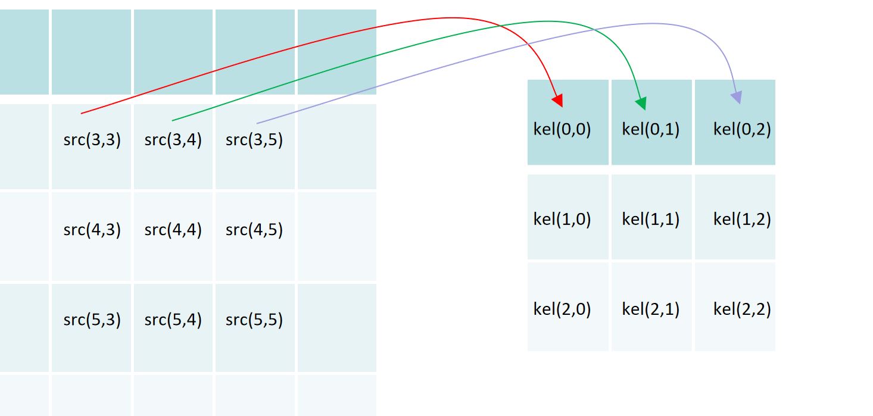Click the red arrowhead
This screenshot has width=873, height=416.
[x=558, y=100]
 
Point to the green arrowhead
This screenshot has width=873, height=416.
[x=641, y=103]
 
